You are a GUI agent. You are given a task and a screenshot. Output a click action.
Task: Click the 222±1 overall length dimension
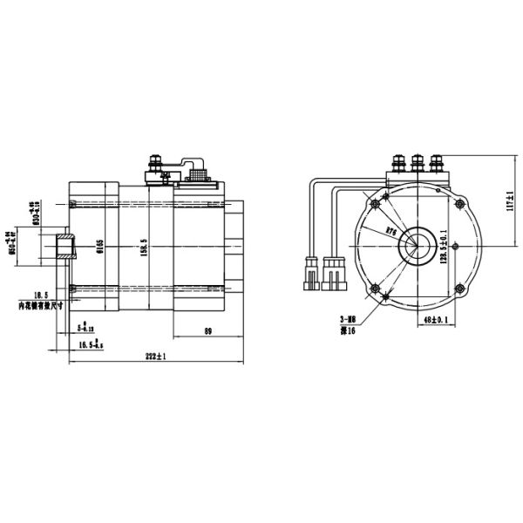point(156,357)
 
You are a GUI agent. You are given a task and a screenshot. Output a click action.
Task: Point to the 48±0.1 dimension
point(433,322)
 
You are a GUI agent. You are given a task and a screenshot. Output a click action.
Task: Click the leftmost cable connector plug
point(311,271)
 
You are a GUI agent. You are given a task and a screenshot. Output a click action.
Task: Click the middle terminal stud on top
point(417,164)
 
